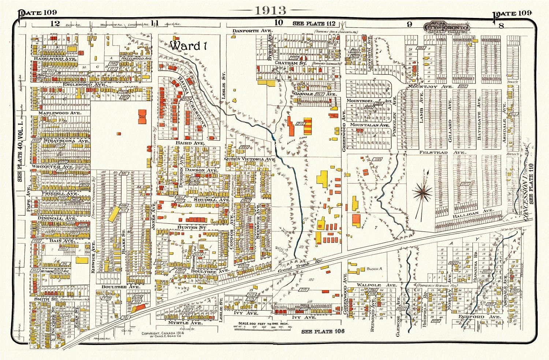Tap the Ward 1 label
tap(186, 46)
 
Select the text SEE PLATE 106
tap(323, 331)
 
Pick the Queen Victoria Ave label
tap(250, 159)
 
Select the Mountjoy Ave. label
tap(430, 87)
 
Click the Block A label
tap(374, 268)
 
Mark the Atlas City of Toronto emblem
tap(447, 27)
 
